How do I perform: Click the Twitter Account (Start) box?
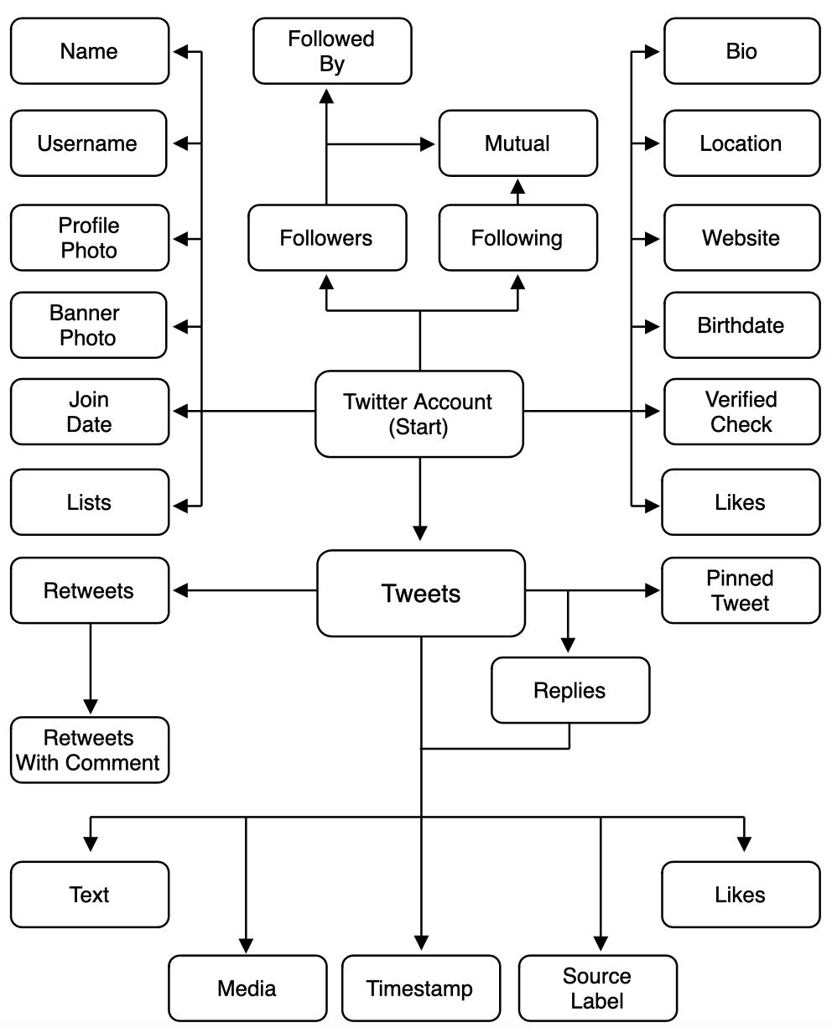419,414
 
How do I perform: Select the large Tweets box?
420,593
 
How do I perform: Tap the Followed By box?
332,51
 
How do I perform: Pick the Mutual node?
517,143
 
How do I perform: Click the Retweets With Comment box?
89,750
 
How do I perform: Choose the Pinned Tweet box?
740,590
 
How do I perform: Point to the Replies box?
569,690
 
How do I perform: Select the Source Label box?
596,988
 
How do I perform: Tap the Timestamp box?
419,988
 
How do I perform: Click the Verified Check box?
741,411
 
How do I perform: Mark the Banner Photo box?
89,325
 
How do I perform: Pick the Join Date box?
89,411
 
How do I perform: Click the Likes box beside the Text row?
740,894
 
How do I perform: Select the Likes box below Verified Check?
740,502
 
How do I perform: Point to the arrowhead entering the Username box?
179,143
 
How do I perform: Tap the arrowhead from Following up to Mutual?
517,185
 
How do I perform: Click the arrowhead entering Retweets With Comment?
89,708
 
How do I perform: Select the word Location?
741,143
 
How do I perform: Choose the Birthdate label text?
741,325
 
